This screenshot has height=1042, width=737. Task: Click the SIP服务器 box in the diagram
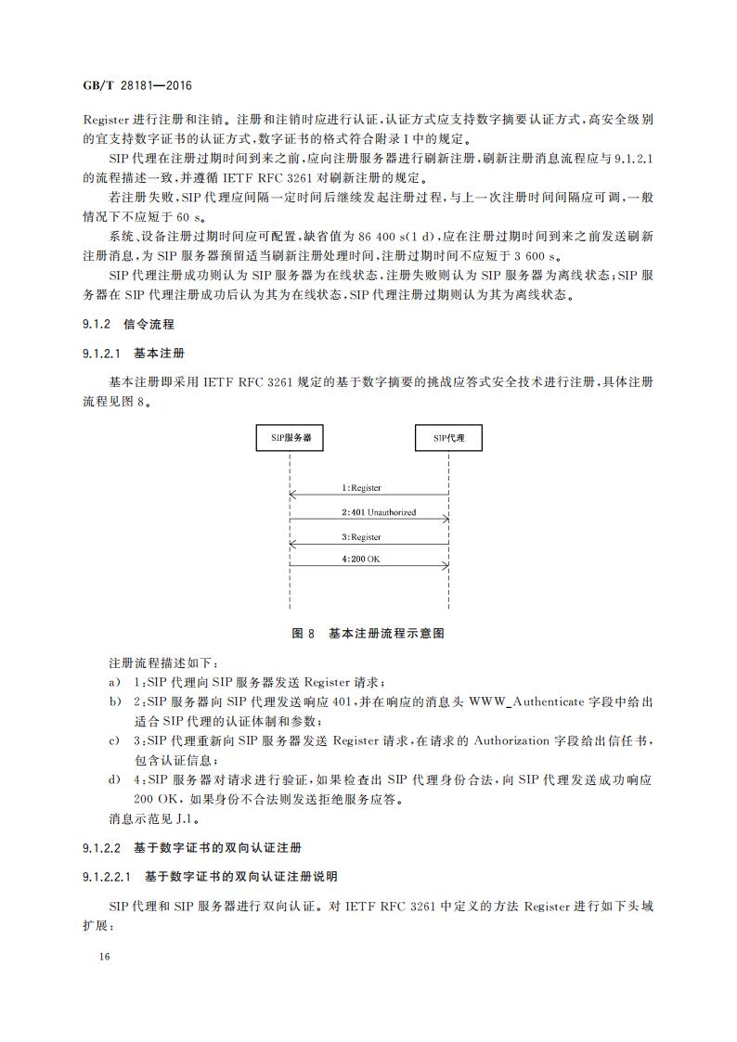pyautogui.click(x=290, y=437)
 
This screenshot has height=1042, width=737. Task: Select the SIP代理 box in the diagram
pyautogui.click(x=449, y=437)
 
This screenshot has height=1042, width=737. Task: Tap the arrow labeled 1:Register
pyautogui.click(x=369, y=495)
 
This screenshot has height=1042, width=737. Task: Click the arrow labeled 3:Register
pyautogui.click(x=369, y=545)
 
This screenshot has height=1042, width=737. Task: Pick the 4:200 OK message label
pyautogui.click(x=361, y=559)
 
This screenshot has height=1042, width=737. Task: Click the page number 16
pyautogui.click(x=90, y=957)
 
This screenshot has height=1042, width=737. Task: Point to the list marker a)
pyautogui.click(x=114, y=682)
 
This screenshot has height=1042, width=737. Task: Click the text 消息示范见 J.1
pyautogui.click(x=152, y=819)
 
